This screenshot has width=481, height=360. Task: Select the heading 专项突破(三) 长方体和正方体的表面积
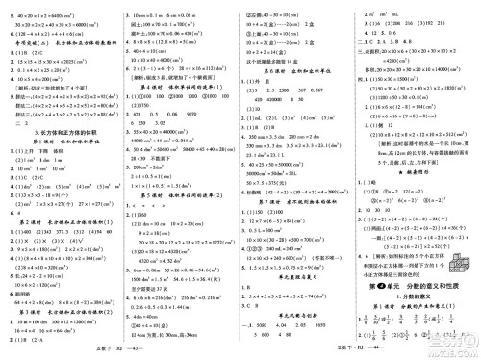tap(60, 44)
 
